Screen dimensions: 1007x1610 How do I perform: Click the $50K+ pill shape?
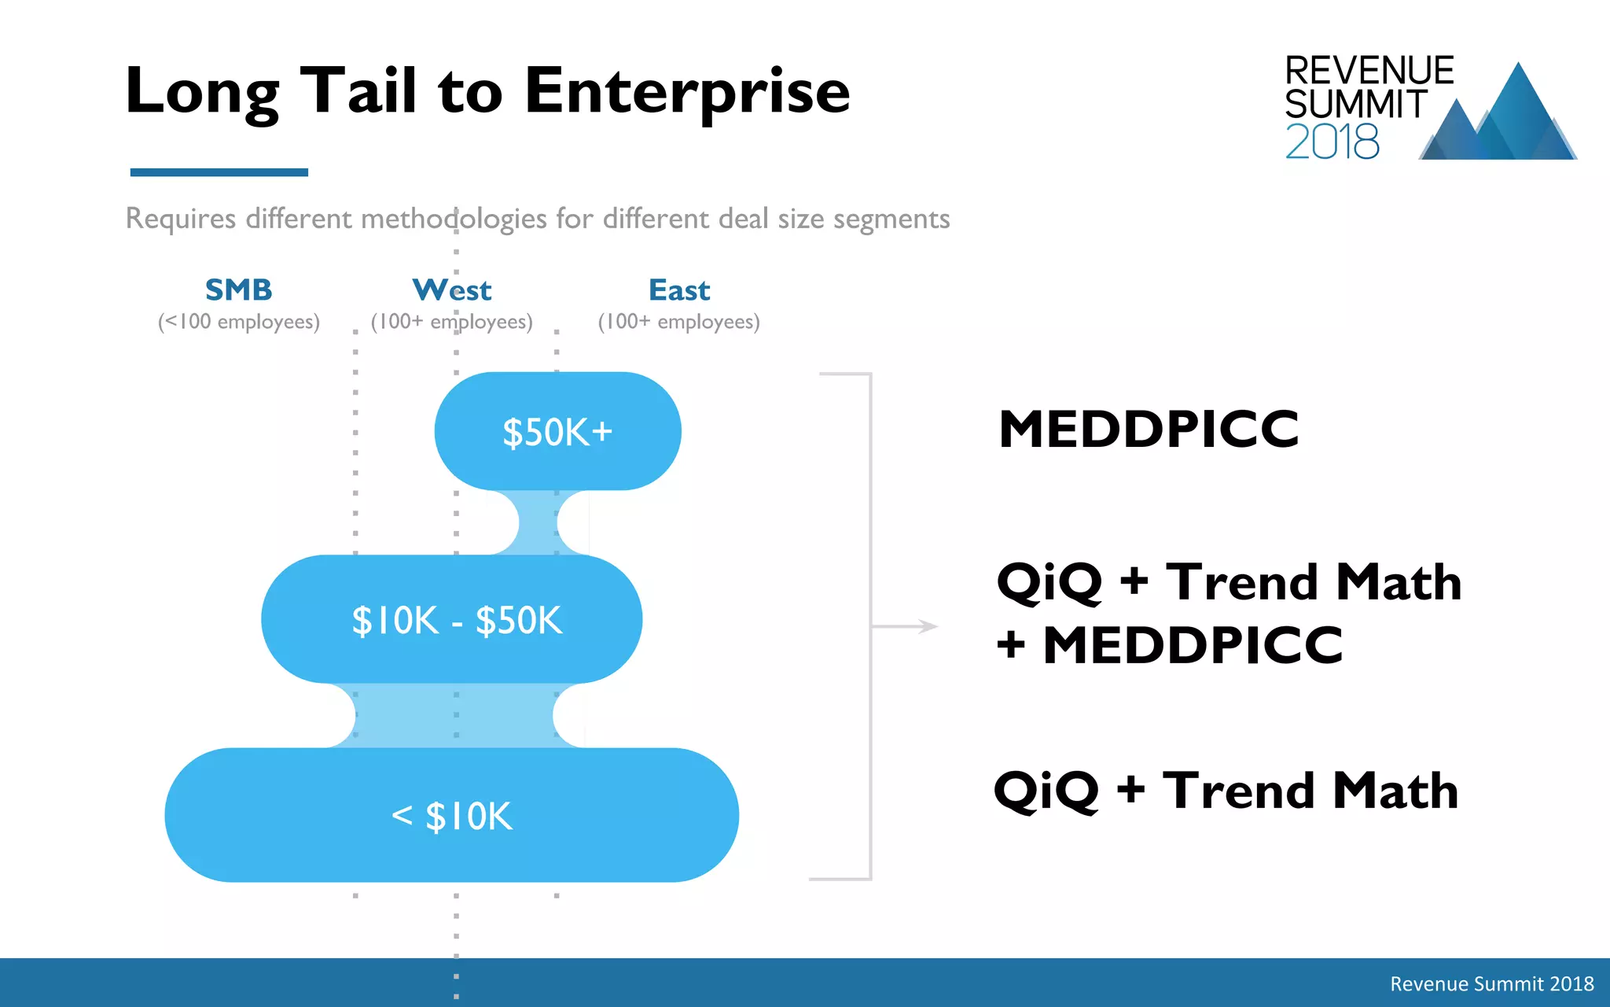tap(557, 431)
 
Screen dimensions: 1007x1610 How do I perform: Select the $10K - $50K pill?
tap(452, 619)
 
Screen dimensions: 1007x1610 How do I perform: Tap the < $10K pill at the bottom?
tap(452, 815)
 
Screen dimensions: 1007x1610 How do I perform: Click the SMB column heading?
tap(238, 290)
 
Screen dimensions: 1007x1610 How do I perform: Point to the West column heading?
tap(452, 290)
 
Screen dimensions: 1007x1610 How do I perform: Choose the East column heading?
tap(679, 290)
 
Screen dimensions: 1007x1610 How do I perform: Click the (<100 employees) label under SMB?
tap(238, 322)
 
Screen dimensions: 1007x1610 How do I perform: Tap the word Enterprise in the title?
tap(686, 92)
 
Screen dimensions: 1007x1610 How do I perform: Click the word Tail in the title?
tap(358, 90)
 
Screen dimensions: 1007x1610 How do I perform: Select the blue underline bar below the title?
tap(219, 172)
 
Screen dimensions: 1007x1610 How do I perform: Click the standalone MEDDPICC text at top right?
tap(1149, 430)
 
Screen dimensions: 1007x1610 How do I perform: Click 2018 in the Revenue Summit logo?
tap(1332, 142)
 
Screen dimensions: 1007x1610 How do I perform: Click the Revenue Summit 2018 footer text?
tap(1491, 983)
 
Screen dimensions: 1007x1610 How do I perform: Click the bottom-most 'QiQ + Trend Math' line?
tap(1226, 791)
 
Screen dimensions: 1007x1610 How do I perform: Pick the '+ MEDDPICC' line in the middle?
tap(1169, 646)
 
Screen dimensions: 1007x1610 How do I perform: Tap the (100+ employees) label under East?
tap(679, 322)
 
